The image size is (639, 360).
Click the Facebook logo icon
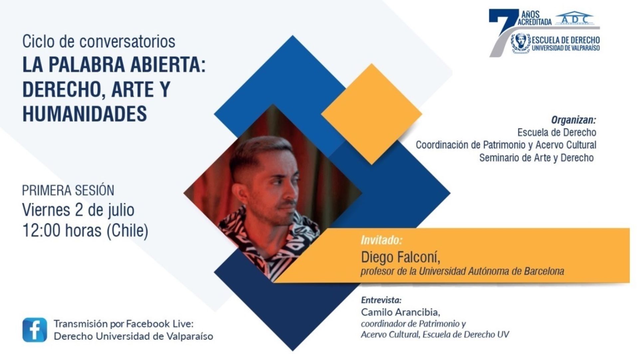point(35,330)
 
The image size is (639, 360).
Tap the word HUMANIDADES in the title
point(85,114)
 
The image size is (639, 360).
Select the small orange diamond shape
point(371,114)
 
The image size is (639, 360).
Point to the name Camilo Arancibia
point(400,312)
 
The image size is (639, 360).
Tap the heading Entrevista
point(381,300)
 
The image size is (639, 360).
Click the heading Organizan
point(573,120)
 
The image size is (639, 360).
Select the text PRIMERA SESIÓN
point(68,190)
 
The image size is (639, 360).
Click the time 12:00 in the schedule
point(42,230)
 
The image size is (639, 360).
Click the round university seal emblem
point(521,44)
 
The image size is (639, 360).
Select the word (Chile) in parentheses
point(127,230)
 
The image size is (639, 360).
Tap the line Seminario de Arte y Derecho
point(536,158)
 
